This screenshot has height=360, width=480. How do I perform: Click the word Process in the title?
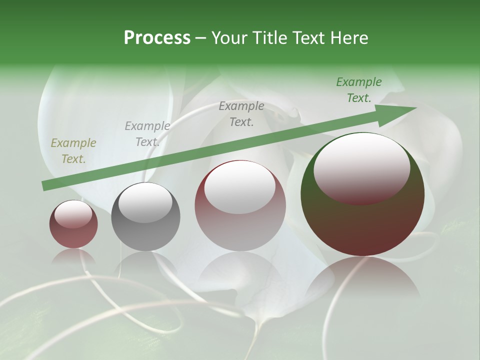click(157, 38)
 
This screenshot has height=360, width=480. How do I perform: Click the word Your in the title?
click(230, 38)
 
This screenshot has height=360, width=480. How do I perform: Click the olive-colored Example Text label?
click(73, 151)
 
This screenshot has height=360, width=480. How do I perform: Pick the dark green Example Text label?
click(359, 90)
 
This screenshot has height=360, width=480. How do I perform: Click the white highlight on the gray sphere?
click(145, 202)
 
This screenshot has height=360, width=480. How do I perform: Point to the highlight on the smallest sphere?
click(73, 213)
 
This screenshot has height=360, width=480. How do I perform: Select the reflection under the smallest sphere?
click(73, 257)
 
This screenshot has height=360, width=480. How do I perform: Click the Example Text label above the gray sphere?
click(147, 134)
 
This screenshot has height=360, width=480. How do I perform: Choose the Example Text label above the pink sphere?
click(241, 113)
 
